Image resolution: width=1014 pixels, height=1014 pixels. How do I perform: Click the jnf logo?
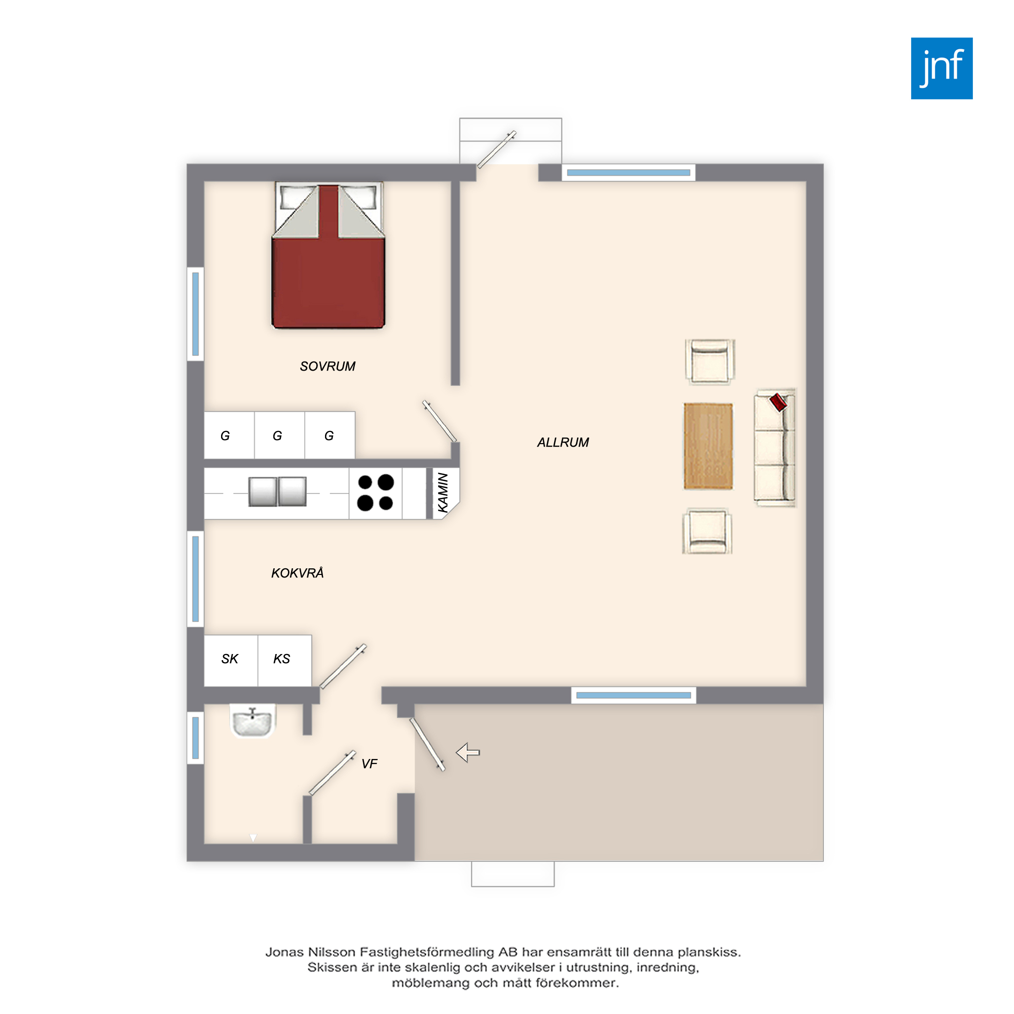coord(941,68)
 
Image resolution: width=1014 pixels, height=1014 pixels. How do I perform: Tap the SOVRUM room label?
coord(328,367)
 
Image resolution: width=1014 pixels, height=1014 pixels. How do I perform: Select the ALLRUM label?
coord(563,443)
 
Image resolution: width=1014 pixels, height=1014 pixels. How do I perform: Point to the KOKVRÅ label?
coord(297,572)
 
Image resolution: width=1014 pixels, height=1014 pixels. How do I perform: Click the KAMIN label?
coord(443,492)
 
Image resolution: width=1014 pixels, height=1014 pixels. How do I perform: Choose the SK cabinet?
coord(231,660)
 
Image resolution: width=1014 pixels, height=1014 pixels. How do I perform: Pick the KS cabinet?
coord(285,660)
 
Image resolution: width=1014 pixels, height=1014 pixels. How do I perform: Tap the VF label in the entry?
coord(370,764)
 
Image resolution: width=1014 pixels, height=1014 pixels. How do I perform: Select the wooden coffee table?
coord(708,446)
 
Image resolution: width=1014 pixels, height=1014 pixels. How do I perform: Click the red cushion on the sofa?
coord(778,403)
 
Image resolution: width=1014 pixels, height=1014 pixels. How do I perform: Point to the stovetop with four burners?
coord(375,493)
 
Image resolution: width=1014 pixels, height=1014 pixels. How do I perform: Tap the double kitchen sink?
coord(277,492)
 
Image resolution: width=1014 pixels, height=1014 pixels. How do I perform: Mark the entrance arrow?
coord(467,752)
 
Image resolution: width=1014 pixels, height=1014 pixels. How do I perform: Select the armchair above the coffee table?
coord(710,361)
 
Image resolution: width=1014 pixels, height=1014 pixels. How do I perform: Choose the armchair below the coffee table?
coord(707,531)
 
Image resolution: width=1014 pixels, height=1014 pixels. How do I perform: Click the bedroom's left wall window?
coord(195,314)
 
